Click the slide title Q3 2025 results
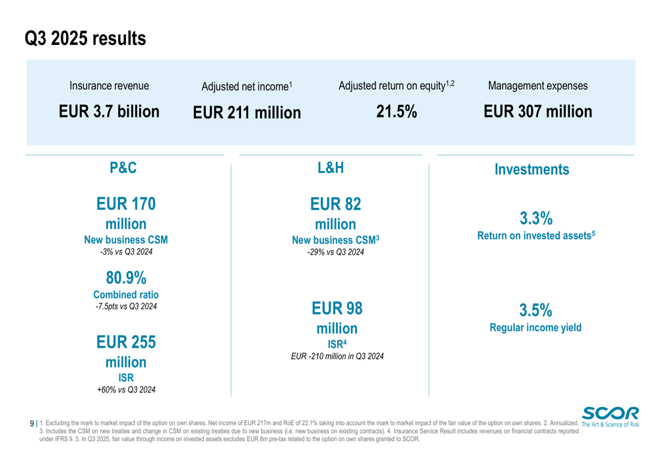[85, 39]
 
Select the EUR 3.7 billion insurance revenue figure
[109, 112]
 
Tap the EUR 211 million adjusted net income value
[246, 113]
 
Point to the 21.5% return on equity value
[396, 112]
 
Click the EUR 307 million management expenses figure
[537, 112]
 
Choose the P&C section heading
[123, 168]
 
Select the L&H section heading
[331, 168]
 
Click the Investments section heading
[531, 170]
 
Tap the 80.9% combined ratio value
[126, 278]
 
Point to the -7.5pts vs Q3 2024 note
[126, 306]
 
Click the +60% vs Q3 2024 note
[126, 390]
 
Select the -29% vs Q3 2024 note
[335, 252]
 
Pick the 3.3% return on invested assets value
[535, 218]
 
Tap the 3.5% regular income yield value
[535, 310]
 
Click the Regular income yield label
[535, 327]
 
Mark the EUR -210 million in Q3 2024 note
[337, 356]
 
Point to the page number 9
[32, 424]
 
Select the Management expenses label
[537, 86]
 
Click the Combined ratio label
[126, 295]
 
